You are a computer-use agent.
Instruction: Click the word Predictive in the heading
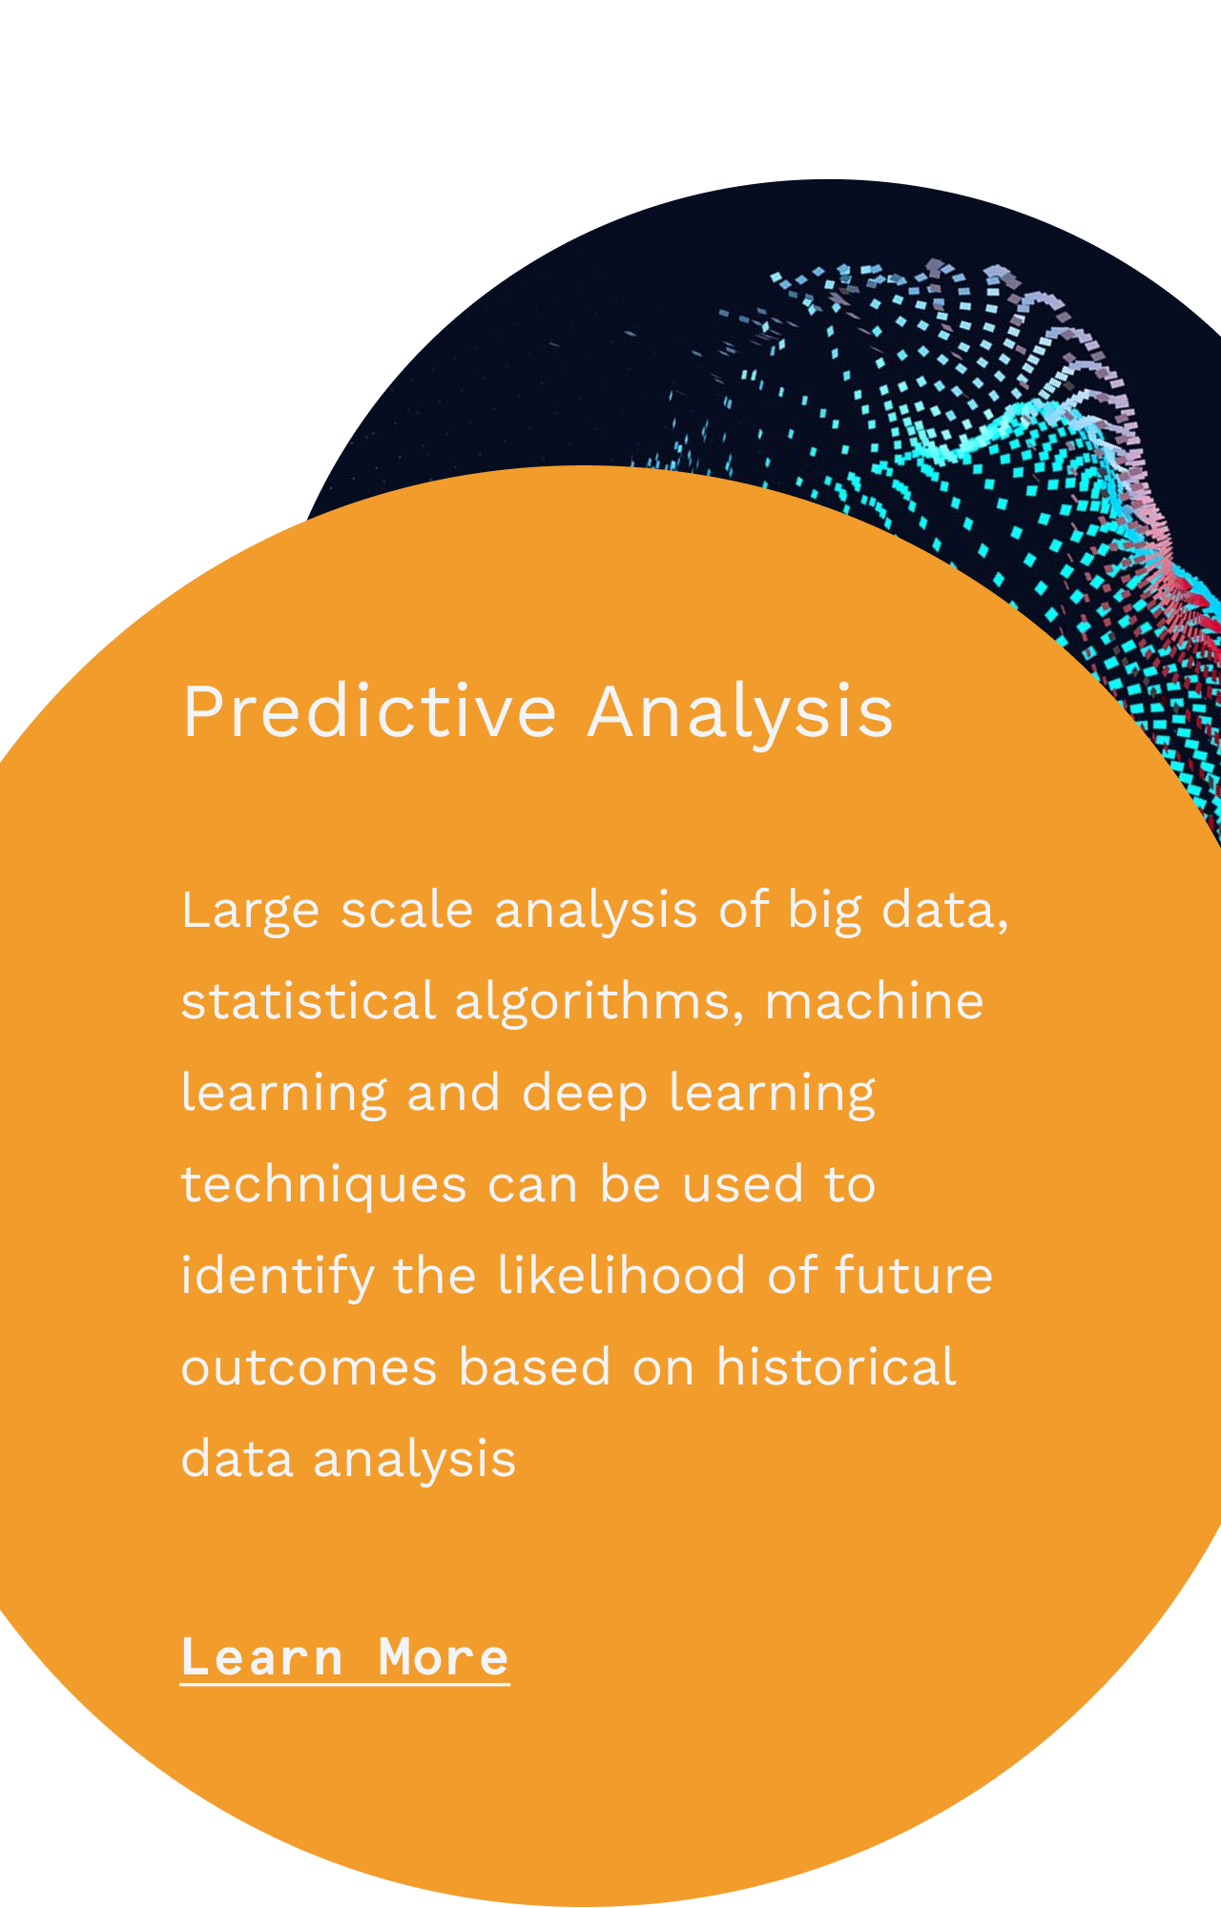tap(369, 711)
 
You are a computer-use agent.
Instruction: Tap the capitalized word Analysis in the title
tap(740, 711)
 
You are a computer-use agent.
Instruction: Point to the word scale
tap(406, 909)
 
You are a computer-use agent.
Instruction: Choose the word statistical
tap(308, 1001)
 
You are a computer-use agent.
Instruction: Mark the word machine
tap(874, 1001)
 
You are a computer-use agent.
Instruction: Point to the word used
tap(743, 1183)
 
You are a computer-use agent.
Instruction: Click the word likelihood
tap(621, 1275)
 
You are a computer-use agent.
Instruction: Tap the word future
tap(914, 1275)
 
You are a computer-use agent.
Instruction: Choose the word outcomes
tap(309, 1367)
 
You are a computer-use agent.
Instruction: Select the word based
tap(534, 1366)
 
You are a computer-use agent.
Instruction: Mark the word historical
tap(836, 1366)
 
